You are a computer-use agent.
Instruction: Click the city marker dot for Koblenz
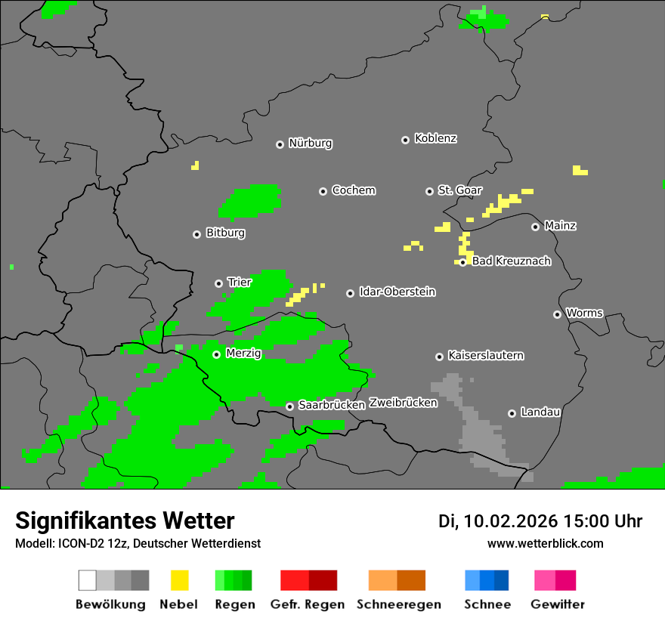click(x=405, y=140)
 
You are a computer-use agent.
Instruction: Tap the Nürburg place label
click(x=310, y=143)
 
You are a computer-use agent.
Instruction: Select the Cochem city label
click(x=353, y=190)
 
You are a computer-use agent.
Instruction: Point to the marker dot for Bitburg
click(x=196, y=234)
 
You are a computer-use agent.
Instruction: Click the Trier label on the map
click(x=239, y=283)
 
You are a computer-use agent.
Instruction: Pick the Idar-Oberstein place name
click(x=397, y=292)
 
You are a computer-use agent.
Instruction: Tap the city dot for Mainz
click(x=535, y=227)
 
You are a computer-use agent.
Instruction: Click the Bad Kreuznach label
click(x=511, y=261)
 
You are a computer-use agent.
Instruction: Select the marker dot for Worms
click(x=557, y=314)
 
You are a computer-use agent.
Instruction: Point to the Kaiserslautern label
click(x=485, y=356)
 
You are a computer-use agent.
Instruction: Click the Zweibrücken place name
click(x=403, y=403)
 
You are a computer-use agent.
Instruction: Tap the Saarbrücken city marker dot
click(x=289, y=406)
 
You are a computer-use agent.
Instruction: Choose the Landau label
click(x=540, y=412)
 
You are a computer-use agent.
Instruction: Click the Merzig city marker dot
click(x=216, y=354)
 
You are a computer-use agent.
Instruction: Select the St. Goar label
click(x=459, y=190)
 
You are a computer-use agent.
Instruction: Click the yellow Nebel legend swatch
click(x=179, y=580)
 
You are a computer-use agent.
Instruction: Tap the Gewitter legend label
click(x=557, y=604)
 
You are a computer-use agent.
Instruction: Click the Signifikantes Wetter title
click(x=125, y=521)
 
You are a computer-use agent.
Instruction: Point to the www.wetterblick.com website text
click(x=545, y=543)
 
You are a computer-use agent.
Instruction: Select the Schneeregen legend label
click(x=398, y=604)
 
